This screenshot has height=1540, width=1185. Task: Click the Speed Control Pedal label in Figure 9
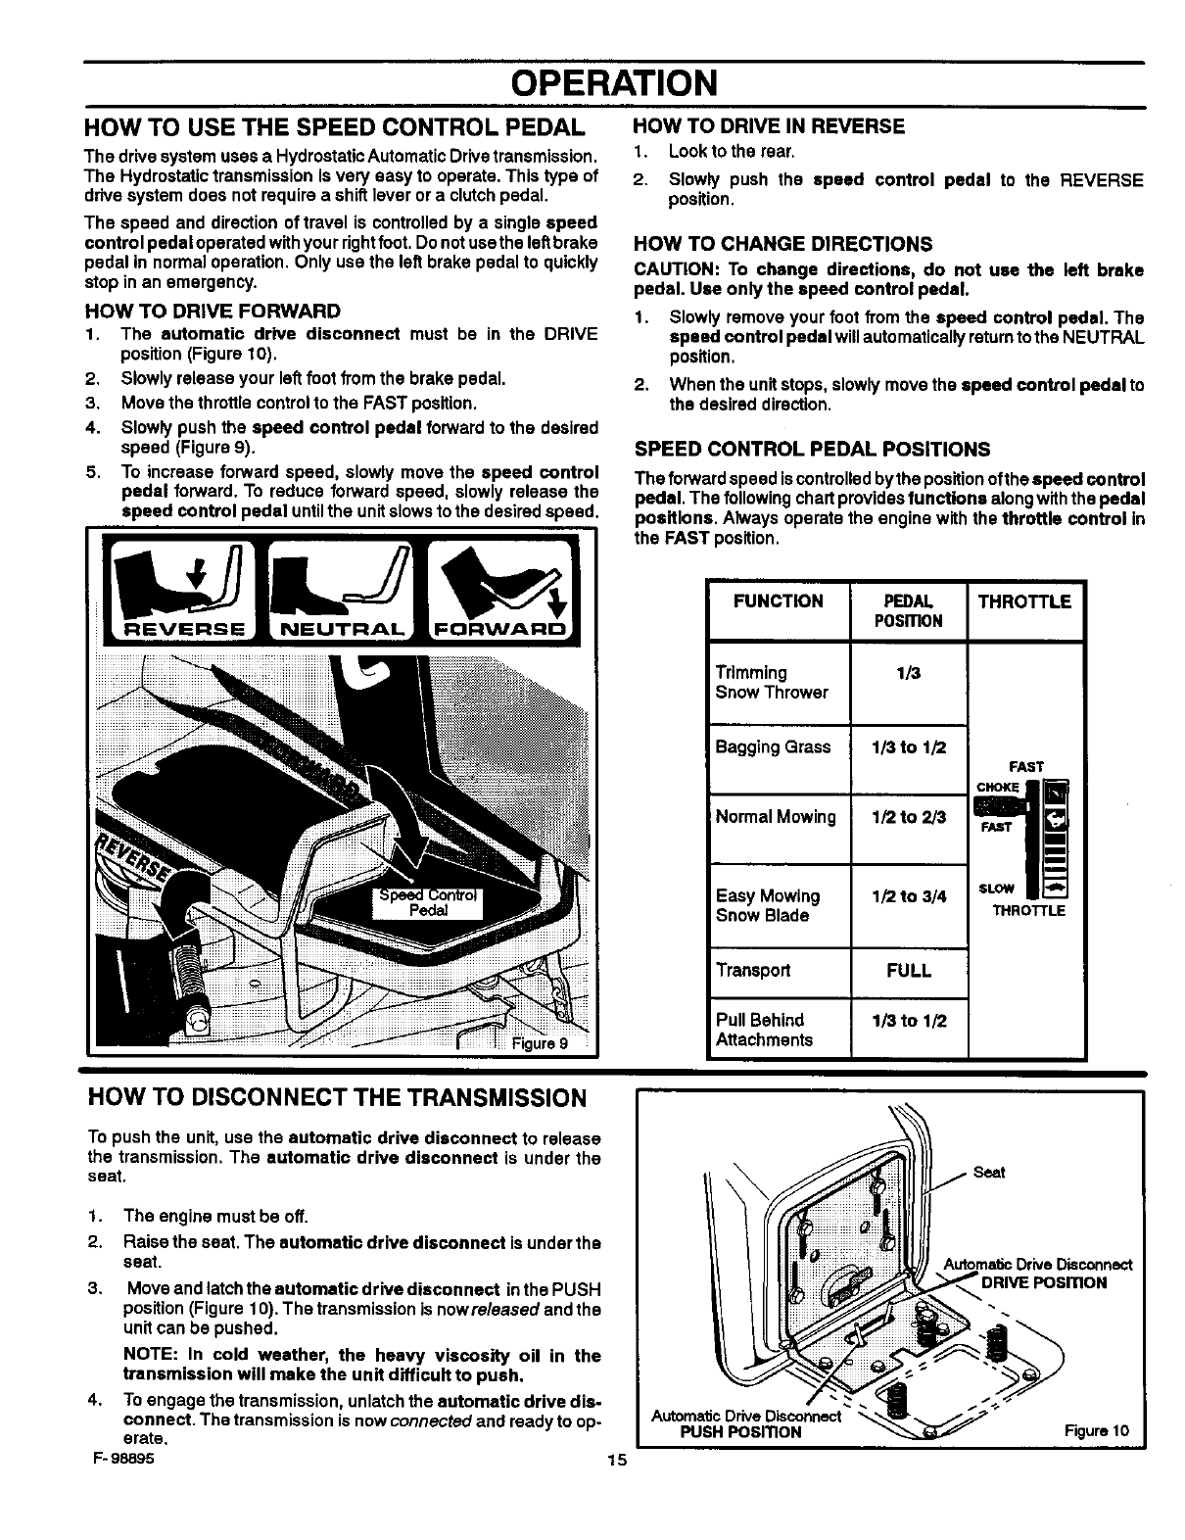point(428,901)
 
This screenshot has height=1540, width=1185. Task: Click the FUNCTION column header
point(778,601)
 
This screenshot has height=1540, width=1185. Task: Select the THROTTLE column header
point(1024,602)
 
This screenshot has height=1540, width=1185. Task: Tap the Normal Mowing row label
point(776,817)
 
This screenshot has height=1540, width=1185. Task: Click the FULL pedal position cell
point(908,971)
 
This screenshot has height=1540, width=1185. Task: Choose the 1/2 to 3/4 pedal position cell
point(908,896)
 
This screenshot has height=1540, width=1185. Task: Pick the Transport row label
point(753,971)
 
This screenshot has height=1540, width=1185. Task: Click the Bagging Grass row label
point(773,746)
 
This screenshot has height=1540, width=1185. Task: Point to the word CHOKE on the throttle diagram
point(998,787)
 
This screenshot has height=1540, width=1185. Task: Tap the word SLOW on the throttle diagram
point(996,889)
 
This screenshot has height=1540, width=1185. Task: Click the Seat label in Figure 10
point(990,1173)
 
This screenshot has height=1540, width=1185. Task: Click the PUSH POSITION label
point(740,1432)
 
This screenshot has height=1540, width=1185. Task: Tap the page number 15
point(614,1461)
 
